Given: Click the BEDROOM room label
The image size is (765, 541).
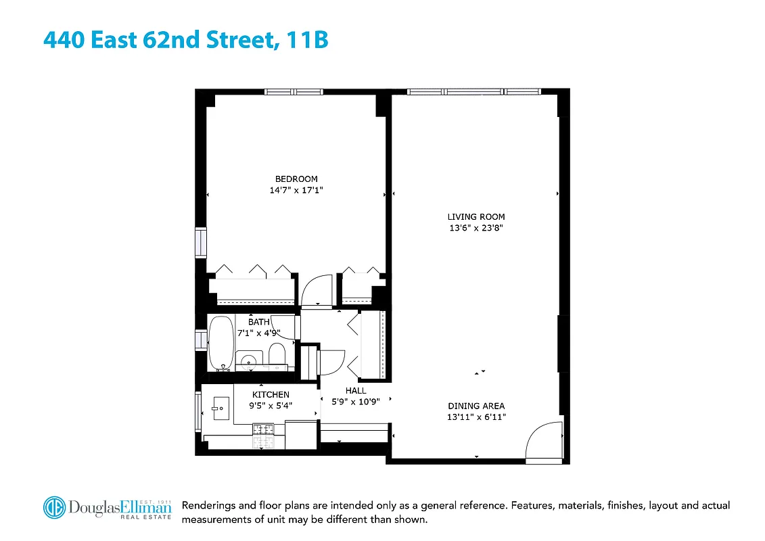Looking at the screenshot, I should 296,179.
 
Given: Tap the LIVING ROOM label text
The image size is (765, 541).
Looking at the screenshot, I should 476,217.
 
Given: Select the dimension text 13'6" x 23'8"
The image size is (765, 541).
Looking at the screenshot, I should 476,228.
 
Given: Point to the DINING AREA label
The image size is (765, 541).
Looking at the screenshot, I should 476,406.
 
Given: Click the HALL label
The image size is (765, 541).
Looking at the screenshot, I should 356,390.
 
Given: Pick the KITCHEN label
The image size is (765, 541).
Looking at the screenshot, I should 271,395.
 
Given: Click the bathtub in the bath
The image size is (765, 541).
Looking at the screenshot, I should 221,343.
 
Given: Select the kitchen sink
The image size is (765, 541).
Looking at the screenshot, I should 221,408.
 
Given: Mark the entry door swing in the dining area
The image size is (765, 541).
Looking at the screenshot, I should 544,441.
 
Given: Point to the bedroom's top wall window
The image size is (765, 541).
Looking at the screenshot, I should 294,92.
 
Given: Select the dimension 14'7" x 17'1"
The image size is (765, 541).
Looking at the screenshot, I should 296,191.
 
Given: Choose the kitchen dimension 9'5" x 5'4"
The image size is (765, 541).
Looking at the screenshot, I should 270,406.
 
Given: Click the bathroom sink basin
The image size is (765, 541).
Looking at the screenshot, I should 248,358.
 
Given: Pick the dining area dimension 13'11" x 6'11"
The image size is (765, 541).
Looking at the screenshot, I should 476,417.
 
